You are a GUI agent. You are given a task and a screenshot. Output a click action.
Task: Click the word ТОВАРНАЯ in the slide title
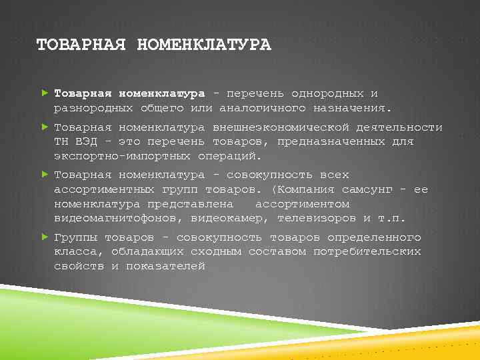[x=80, y=45]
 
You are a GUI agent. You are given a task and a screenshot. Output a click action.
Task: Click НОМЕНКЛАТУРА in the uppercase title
[x=203, y=45]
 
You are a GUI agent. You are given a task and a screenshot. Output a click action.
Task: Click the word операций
[x=227, y=156]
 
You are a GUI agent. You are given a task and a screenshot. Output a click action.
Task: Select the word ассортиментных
[x=104, y=189]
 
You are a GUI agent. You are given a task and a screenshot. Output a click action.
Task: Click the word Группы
[x=75, y=237]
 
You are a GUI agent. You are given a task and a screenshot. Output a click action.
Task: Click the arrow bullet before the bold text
[x=44, y=93]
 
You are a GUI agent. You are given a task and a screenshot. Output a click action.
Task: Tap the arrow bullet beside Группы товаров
[x=44, y=237]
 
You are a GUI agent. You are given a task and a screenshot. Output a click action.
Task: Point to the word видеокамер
[x=227, y=218]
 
